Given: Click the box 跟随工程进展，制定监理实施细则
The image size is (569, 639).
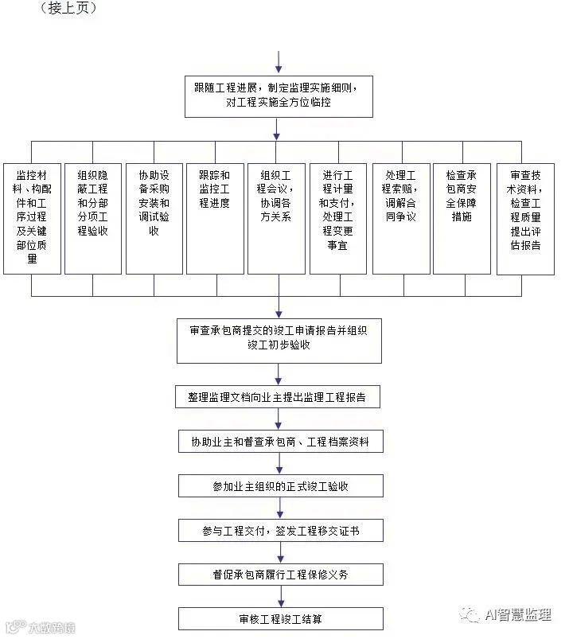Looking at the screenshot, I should pos(278,95).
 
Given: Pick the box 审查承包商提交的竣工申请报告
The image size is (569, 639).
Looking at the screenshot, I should pos(279,340).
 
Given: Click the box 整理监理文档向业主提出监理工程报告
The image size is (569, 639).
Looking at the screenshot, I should pos(279,397).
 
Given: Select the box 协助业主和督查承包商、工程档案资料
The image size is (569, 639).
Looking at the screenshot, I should pos(279,441).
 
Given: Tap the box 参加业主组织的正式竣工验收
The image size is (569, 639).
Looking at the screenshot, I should pos(279,486).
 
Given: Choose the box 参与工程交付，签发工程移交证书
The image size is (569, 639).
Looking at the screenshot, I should pos(279,530).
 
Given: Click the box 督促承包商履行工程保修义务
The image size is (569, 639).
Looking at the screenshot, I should pos(279,575).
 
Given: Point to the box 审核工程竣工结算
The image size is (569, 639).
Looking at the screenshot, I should pos(279,618).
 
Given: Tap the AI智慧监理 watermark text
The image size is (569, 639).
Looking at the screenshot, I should pos(517,614).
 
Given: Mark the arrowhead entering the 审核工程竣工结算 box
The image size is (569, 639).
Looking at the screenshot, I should pos(279,603).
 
